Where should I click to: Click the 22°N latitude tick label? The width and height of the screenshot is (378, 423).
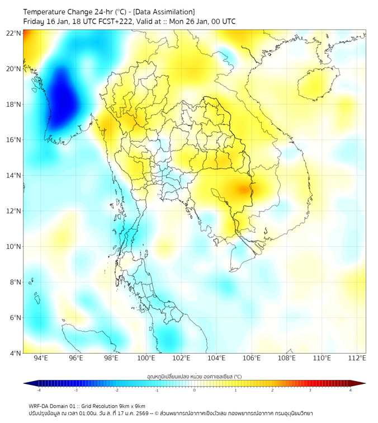[x=14, y=34]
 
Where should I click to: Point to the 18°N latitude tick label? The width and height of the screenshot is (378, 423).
[x=14, y=105]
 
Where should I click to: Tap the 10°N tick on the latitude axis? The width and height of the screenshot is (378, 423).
[x=14, y=247]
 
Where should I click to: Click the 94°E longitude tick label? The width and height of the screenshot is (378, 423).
[x=41, y=358]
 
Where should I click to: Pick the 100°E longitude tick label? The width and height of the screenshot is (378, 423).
[x=146, y=358]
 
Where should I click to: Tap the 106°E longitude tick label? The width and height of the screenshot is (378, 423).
[x=252, y=358]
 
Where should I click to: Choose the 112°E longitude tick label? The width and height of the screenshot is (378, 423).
[x=357, y=358]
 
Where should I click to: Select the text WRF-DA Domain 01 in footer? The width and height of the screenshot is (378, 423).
[x=55, y=406]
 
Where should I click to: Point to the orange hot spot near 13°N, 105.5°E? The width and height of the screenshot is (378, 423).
[x=244, y=190]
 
